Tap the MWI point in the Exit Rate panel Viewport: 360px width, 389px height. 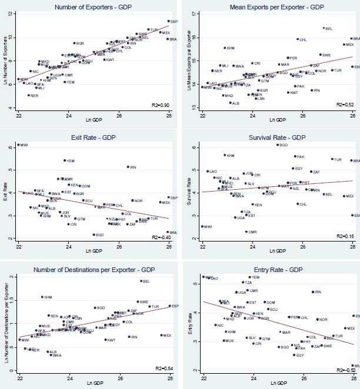click(18, 145)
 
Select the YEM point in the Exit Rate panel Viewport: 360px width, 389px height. click(65, 160)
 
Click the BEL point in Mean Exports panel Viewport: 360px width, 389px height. click(324, 28)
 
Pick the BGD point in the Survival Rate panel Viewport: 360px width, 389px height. click(278, 145)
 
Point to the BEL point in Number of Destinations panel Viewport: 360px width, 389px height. click(141, 281)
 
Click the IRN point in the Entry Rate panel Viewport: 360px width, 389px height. click(312, 291)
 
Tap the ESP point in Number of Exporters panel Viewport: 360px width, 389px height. click(168, 21)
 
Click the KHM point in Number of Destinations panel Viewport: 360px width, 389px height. click(42, 297)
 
